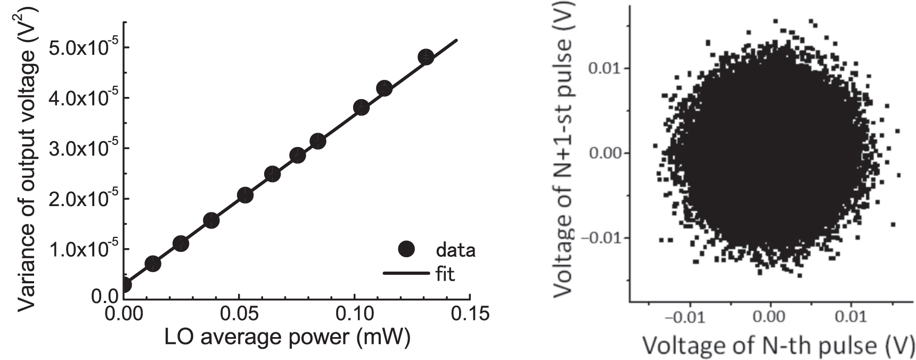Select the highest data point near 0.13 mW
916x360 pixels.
pos(426,57)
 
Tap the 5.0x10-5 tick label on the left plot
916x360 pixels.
pos(81,48)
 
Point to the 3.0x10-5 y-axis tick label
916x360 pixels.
pos(81,149)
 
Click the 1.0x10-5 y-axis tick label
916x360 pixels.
pos(81,250)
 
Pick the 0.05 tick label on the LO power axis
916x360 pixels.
pos(239,314)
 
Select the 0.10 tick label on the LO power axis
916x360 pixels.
pos(354,314)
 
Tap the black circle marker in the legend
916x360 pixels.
pos(406,249)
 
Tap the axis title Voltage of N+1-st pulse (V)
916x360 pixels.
pos(565,152)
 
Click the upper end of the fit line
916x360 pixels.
pos(457,40)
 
